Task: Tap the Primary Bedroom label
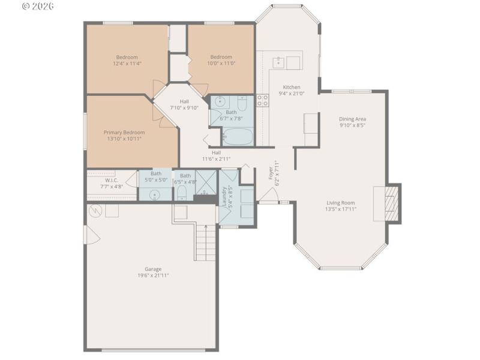(124, 133)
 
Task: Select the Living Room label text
(340, 203)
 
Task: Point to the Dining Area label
(352, 119)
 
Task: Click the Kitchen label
(292, 87)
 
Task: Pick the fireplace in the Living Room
(389, 203)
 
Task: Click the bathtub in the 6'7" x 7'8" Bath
(238, 137)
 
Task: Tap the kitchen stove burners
(263, 100)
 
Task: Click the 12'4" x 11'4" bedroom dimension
(127, 64)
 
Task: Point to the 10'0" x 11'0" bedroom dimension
(221, 64)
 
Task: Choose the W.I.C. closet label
(112, 180)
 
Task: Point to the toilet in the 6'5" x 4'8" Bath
(182, 191)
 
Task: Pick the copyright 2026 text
(37, 6)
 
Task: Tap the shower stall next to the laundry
(206, 182)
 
